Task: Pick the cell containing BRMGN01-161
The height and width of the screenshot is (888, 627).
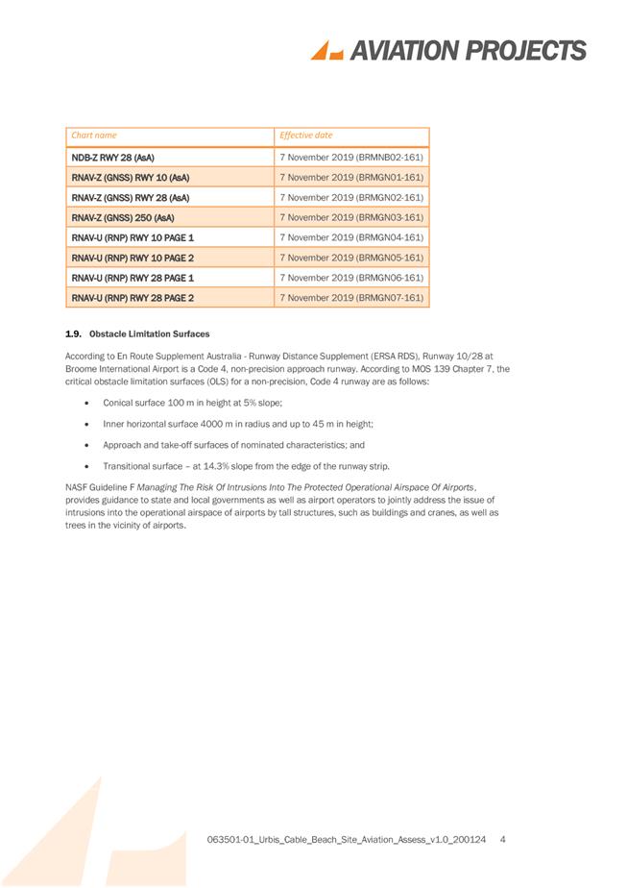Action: (350, 177)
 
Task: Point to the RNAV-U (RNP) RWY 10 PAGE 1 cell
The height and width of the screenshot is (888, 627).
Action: (133, 237)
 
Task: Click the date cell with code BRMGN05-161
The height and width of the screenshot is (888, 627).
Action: (350, 258)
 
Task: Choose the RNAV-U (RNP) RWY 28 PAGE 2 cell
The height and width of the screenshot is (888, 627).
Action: (133, 298)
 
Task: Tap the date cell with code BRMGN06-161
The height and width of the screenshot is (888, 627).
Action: (350, 278)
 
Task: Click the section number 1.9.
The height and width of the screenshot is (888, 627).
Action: (70, 333)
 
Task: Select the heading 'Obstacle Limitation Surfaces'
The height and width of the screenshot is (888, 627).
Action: (149, 333)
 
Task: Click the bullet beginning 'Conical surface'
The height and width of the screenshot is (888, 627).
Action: (191, 402)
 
